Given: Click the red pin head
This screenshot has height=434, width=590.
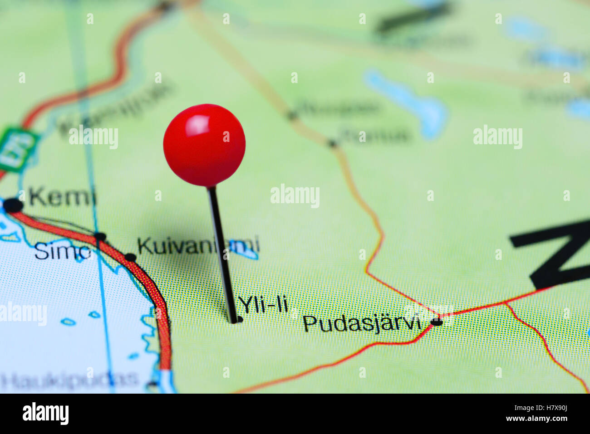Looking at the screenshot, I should click(204, 145).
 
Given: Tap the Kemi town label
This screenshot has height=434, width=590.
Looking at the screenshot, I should click(62, 197).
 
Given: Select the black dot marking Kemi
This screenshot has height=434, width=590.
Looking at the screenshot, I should click(13, 205).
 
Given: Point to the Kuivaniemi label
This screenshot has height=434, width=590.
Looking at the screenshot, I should click(198, 246).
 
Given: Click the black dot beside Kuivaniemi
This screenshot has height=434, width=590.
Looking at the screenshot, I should click(130, 258).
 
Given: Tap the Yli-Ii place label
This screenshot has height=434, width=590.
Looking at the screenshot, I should click(263, 305).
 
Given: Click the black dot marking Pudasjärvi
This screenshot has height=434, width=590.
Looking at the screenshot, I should click(437, 322).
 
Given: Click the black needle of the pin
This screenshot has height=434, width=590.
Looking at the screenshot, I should click(222, 254).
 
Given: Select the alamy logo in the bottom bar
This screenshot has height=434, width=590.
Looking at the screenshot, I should click(46, 414).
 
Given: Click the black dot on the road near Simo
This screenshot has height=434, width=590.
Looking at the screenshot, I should click(100, 236).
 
